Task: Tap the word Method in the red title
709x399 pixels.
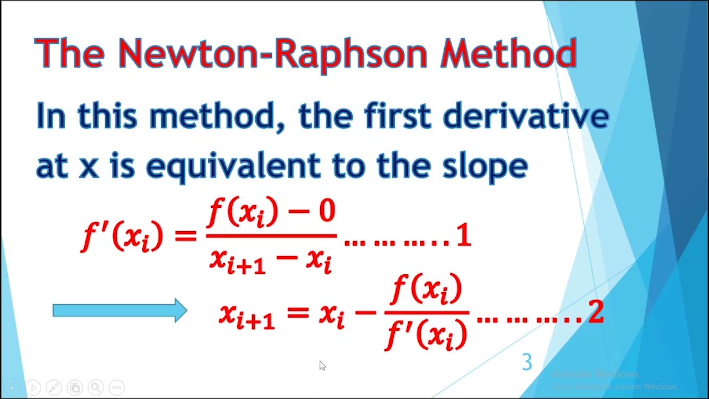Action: click(x=508, y=54)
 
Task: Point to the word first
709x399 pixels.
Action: click(x=398, y=116)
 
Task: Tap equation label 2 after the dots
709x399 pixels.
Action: click(x=595, y=313)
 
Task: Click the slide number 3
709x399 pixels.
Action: click(x=527, y=362)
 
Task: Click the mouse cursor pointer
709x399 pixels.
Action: click(x=322, y=365)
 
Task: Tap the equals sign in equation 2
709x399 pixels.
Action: click(x=297, y=312)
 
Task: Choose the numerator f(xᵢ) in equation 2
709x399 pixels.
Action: click(x=426, y=290)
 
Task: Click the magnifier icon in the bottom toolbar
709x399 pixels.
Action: click(x=95, y=387)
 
